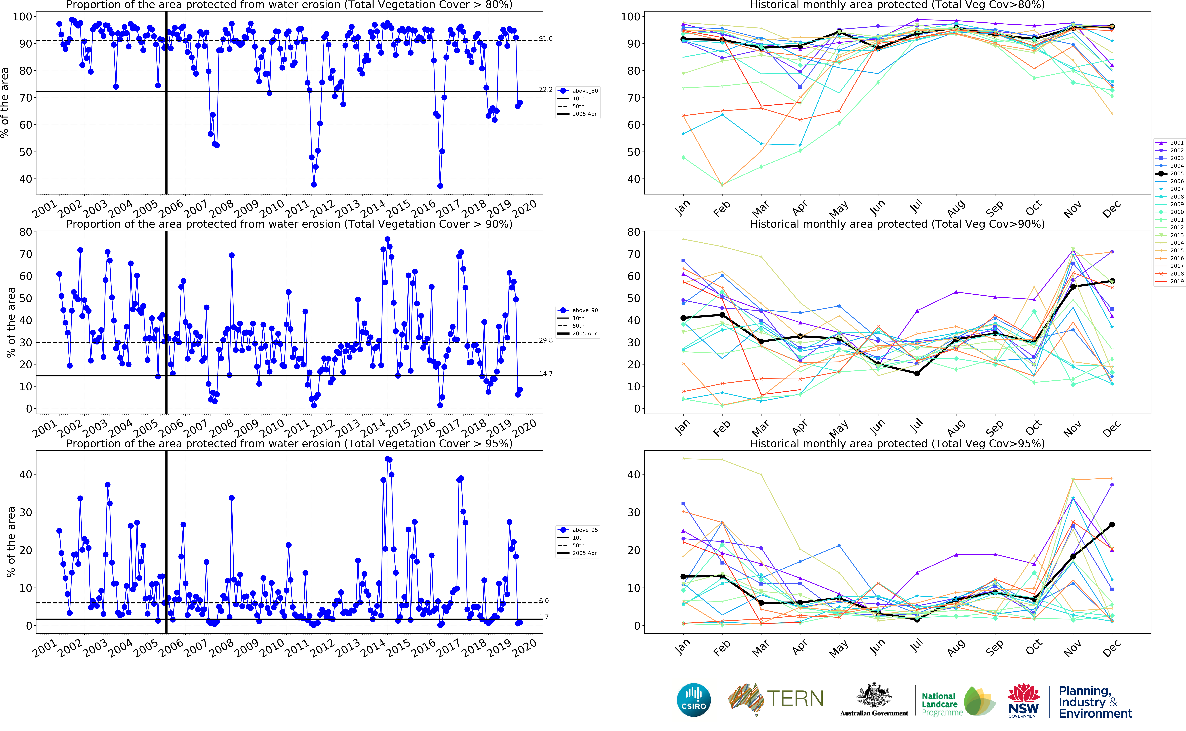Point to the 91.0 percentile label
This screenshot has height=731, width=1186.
pyautogui.click(x=546, y=39)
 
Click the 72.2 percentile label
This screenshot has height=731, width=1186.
pyautogui.click(x=546, y=89)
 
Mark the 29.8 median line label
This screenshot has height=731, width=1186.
pyautogui.click(x=546, y=340)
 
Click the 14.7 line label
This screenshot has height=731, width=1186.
pyautogui.click(x=546, y=374)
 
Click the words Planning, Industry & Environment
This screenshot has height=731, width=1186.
pyautogui.click(x=1095, y=702)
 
